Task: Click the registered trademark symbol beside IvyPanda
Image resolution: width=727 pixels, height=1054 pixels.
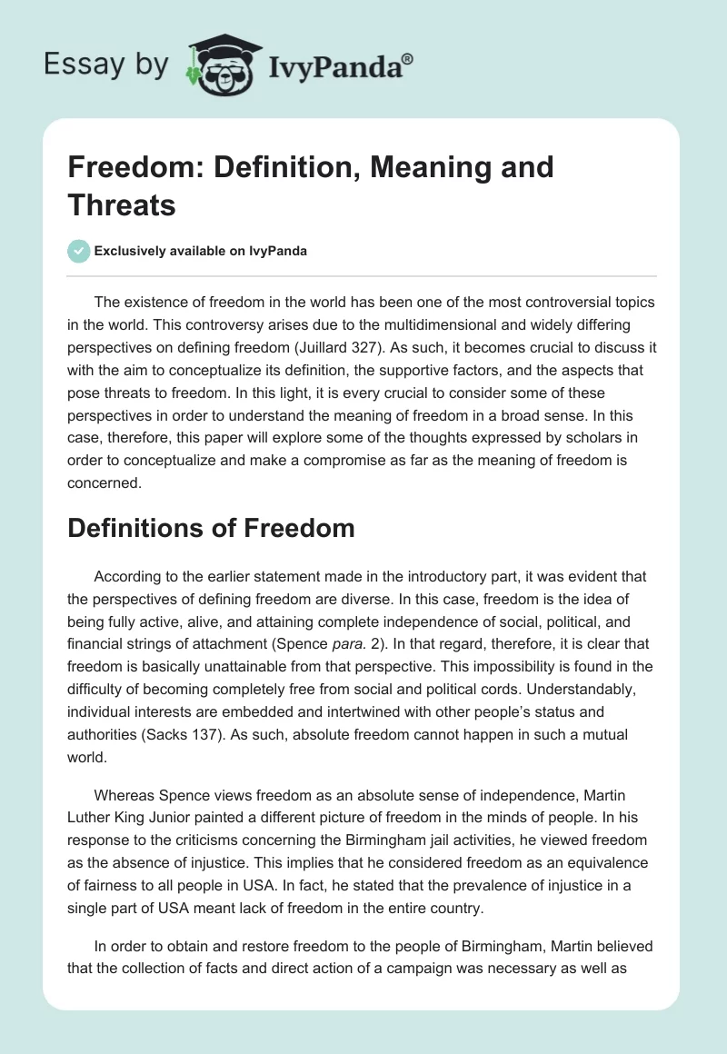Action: [408, 59]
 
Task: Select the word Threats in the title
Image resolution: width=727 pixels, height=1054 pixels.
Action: [122, 204]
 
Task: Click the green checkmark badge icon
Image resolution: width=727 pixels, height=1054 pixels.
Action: [79, 251]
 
